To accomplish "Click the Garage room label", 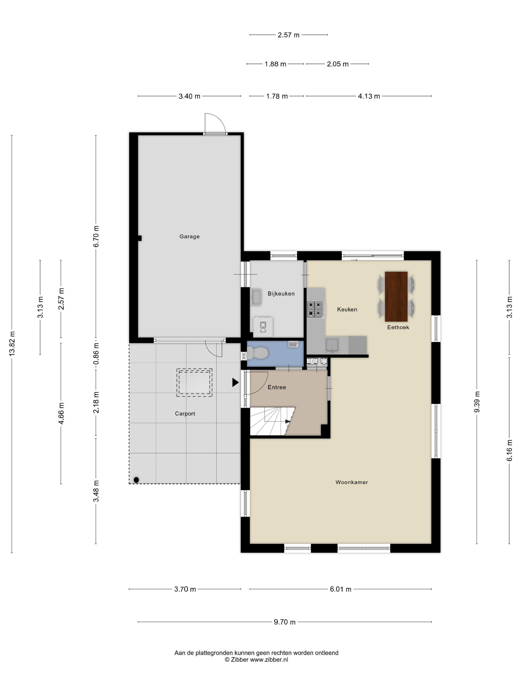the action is [189, 236].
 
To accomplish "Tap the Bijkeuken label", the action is [281, 294].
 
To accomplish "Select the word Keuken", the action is [347, 309].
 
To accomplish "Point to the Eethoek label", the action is [398, 327].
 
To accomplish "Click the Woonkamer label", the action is [351, 482].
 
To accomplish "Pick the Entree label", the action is [277, 387].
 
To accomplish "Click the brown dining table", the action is [396, 296].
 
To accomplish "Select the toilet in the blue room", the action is [258, 353].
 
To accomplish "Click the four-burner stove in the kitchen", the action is [316, 309].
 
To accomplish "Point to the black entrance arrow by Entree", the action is [235, 382].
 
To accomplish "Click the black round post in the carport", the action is [136, 480].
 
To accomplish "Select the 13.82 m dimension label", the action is [12, 344].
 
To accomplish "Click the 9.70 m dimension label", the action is [285, 622].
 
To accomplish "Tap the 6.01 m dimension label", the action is [340, 589].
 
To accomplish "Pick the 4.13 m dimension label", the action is [369, 96].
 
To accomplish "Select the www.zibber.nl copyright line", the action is [256, 660].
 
